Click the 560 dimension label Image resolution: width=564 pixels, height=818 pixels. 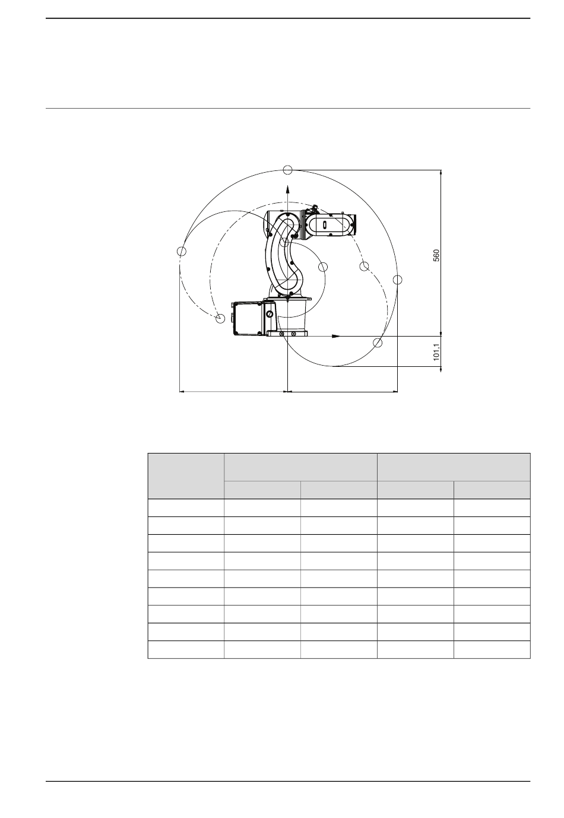436,255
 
